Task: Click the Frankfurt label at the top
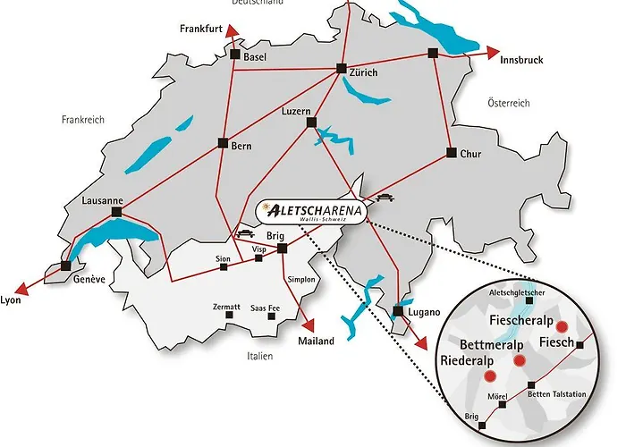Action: point(200,29)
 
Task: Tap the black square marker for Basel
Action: point(235,55)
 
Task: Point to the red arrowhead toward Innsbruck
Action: point(495,53)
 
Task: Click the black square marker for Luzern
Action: point(310,122)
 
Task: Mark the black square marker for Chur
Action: point(452,152)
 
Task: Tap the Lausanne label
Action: point(100,200)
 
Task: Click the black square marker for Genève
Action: point(65,265)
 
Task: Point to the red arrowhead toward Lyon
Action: point(24,288)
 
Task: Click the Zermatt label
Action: point(227,307)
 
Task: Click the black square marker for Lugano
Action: point(396,311)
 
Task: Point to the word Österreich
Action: point(508,104)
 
